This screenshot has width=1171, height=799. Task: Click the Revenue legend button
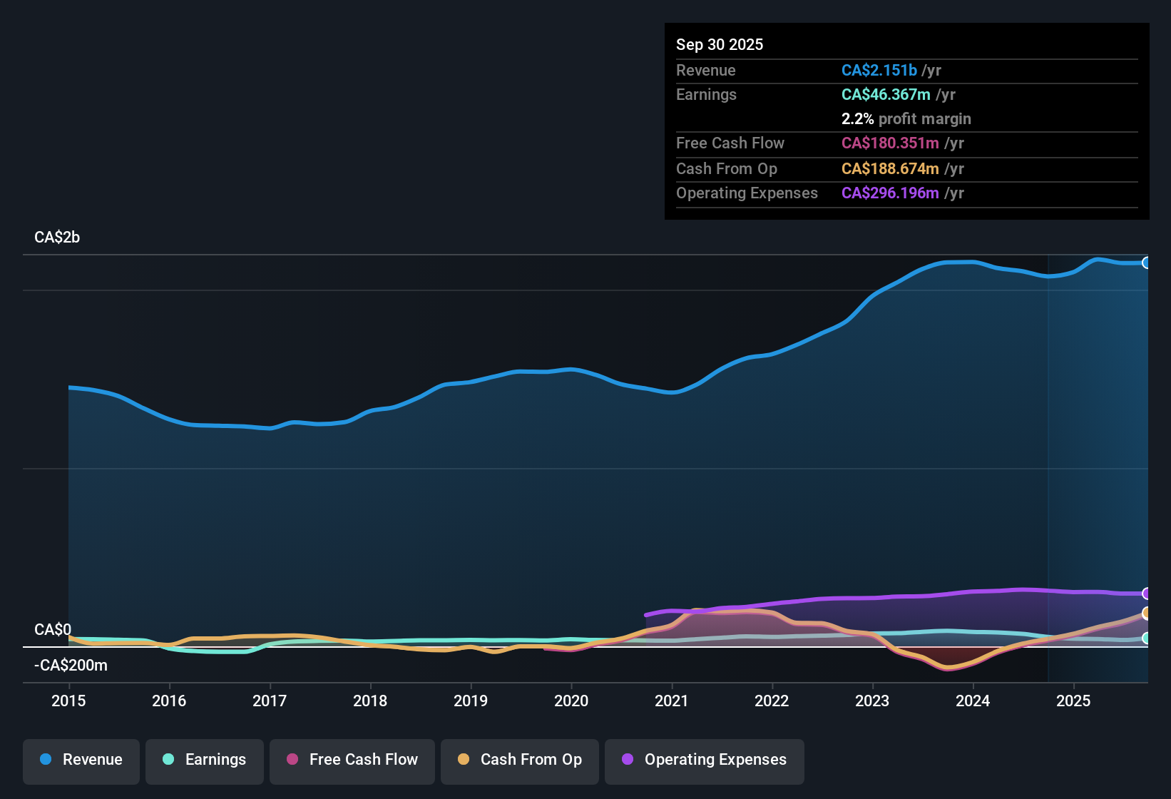(x=81, y=760)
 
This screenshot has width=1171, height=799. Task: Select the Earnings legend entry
(x=205, y=760)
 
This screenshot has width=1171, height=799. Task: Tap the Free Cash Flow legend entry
(x=352, y=760)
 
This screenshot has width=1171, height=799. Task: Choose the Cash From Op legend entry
(x=520, y=760)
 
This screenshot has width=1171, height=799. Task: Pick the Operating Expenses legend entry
(x=705, y=760)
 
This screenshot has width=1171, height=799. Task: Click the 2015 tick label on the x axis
(x=68, y=701)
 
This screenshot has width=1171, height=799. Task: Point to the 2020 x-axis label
(x=571, y=701)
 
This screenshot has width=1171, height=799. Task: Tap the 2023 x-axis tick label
(x=872, y=701)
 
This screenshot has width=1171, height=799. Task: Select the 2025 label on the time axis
(x=1073, y=701)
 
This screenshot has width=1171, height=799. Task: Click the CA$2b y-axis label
(x=57, y=238)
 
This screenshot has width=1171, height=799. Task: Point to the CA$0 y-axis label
(x=53, y=630)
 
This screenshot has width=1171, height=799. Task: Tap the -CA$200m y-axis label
(x=71, y=666)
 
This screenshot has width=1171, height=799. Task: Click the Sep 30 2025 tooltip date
(x=720, y=44)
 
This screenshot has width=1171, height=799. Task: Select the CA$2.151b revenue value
(x=879, y=70)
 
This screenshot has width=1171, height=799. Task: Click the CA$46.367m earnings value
(x=886, y=95)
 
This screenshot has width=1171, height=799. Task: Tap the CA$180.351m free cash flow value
(x=890, y=143)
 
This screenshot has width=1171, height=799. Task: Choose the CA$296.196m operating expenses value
(x=890, y=193)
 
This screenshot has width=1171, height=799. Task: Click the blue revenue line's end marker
(x=1146, y=263)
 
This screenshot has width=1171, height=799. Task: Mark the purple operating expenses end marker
(x=1146, y=594)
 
